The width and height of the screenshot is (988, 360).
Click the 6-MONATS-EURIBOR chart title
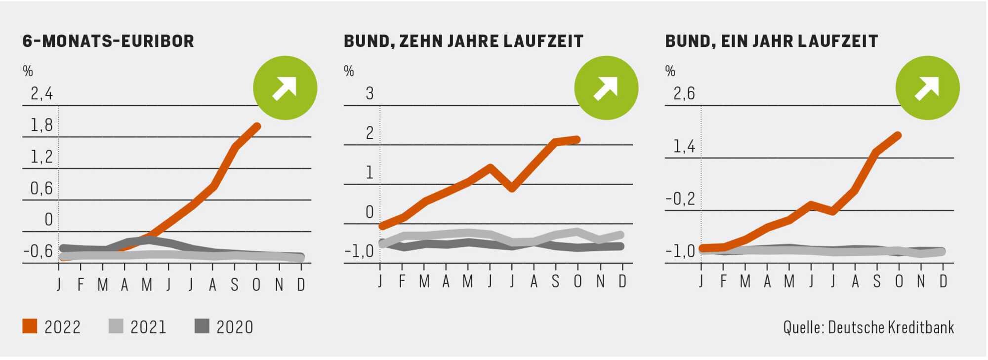coord(108,41)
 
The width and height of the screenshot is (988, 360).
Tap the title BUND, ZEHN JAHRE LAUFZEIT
coord(463,41)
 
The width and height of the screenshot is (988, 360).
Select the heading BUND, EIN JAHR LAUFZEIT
coord(771,41)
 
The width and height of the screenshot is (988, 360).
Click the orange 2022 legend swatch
coord(30,326)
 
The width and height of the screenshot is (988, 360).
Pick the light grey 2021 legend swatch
coord(116,326)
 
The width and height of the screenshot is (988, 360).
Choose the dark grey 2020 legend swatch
coord(202,326)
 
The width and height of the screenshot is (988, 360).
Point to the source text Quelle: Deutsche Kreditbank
coord(868,327)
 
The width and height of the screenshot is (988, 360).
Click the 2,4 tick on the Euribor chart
coord(41,93)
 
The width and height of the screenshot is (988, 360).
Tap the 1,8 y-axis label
coord(41,125)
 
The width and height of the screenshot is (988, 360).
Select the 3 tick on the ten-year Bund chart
coord(370,93)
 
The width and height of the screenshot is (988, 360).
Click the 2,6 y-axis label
coord(684,93)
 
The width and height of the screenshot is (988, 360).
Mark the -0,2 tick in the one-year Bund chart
coord(680,199)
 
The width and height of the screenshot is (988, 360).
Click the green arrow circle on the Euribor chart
coord(285,88)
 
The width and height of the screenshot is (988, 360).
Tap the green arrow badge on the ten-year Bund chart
coord(606,88)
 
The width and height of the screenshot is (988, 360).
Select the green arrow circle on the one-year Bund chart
coord(927,88)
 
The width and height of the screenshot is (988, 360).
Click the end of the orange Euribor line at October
coord(257,126)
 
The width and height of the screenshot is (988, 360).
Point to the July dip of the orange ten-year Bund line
coord(512,188)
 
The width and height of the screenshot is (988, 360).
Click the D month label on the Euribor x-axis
coord(301,284)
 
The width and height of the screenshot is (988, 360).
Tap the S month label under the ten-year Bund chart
coord(556,281)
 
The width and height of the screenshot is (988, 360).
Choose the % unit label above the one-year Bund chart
coord(670,71)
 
